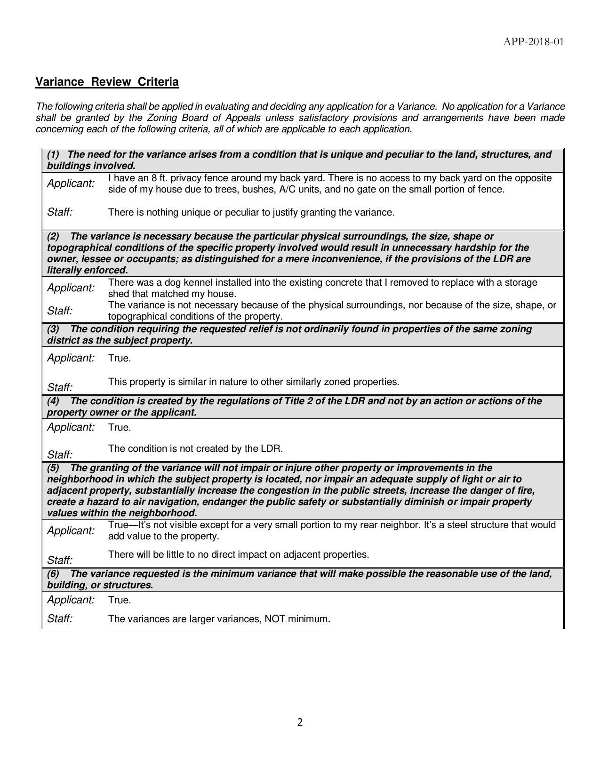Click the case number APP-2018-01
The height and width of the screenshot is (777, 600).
coord(533,42)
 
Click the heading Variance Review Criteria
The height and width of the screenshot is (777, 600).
coord(107,82)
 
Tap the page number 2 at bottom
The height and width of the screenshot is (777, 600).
coord(300,722)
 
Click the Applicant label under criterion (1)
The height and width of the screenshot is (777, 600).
coord(71,184)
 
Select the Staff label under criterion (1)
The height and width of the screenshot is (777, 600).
coord(60,212)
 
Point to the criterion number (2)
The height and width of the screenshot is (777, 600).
coord(53,236)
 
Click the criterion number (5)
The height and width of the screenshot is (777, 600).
coord(53,468)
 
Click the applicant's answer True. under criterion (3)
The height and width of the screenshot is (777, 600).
coord(120,358)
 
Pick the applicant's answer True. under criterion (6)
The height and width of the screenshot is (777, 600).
coord(120,600)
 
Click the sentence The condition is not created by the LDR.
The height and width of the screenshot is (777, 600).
coord(195,449)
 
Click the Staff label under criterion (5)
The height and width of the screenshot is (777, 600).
coord(60,560)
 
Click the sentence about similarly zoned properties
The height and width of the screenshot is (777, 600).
coord(253,382)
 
